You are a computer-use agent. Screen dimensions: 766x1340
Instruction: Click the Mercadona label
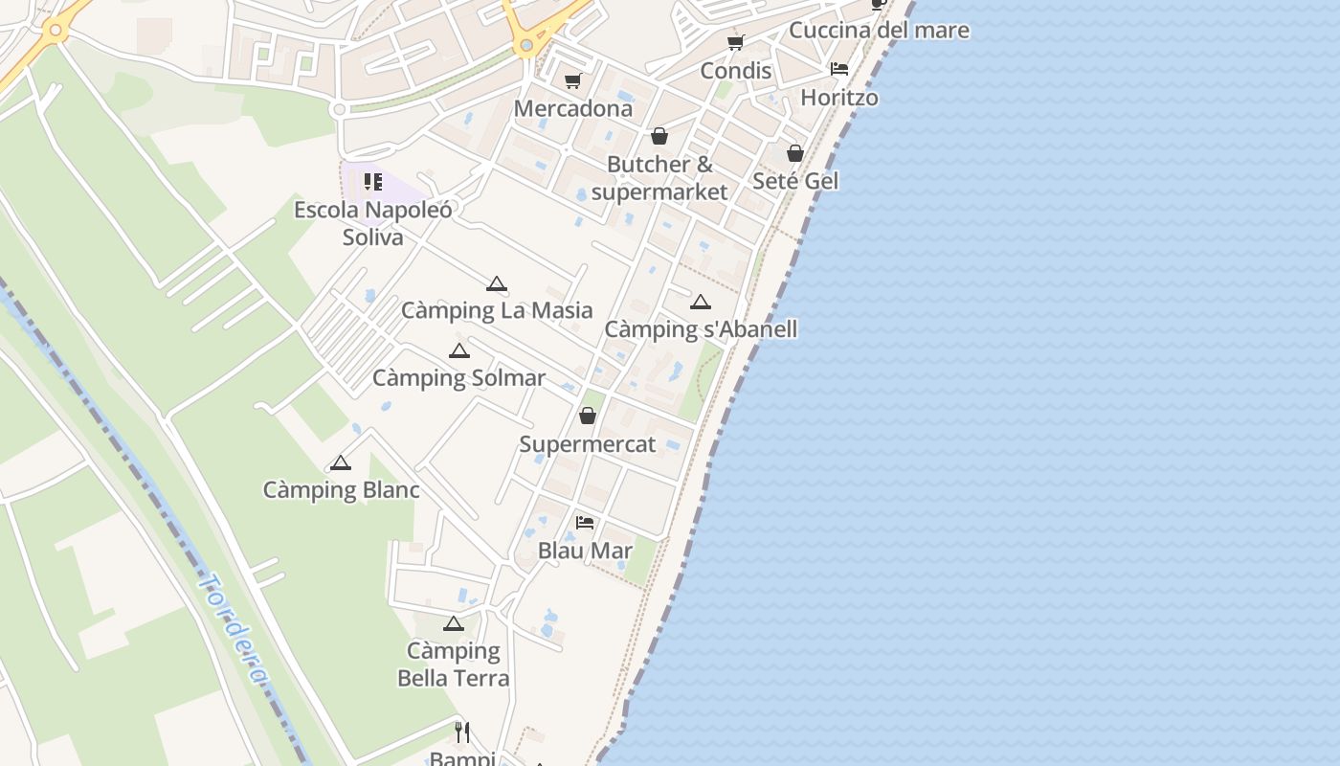[x=573, y=108]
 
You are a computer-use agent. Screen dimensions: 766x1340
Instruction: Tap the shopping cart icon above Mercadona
[x=572, y=80]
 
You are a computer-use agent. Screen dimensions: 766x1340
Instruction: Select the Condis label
[x=735, y=70]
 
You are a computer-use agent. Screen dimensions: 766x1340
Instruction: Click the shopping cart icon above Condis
[x=735, y=42]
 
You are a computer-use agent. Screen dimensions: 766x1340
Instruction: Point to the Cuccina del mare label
[x=879, y=30]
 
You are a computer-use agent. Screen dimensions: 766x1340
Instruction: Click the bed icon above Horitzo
[x=839, y=69]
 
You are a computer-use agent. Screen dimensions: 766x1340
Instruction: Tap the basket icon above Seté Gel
[x=795, y=153]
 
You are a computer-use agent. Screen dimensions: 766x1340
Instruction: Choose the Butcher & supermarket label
[x=659, y=177]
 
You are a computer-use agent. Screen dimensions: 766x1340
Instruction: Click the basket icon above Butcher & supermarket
[x=659, y=136]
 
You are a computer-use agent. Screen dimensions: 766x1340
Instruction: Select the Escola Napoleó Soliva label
[x=373, y=223]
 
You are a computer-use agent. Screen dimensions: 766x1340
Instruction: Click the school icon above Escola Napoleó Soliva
[x=373, y=181]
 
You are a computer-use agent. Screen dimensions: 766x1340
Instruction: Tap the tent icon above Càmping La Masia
[x=496, y=283]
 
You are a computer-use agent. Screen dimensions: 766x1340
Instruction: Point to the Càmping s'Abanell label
[x=701, y=329]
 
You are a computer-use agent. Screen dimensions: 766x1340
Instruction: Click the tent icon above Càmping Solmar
[x=459, y=350]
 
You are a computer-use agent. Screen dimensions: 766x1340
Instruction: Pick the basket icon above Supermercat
[x=588, y=416]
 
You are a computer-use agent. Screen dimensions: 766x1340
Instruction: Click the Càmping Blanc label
[x=341, y=490]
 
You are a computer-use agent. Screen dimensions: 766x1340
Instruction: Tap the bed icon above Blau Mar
[x=585, y=522]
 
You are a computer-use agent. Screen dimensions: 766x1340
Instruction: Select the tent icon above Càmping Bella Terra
[x=454, y=624]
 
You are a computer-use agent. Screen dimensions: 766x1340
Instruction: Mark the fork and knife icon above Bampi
[x=462, y=732]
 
